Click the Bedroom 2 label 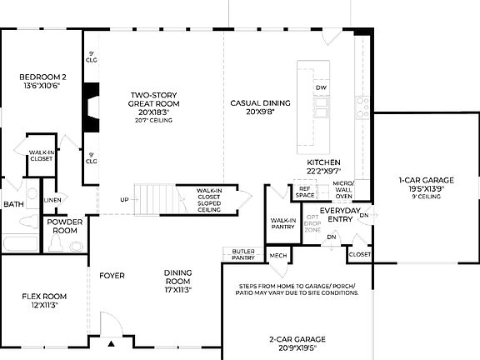pyautogui.click(x=43, y=82)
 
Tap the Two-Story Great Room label pyautogui.click(x=149, y=103)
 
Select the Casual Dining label pyautogui.click(x=260, y=107)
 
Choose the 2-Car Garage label pyautogui.click(x=297, y=343)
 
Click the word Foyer pyautogui.click(x=112, y=275)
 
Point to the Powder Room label pyautogui.click(x=64, y=227)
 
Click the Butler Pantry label pyautogui.click(x=242, y=255)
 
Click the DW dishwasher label pyautogui.click(x=321, y=87)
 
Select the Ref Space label pyautogui.click(x=306, y=192)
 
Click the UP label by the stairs pyautogui.click(x=124, y=200)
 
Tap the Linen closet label pyautogui.click(x=52, y=200)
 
